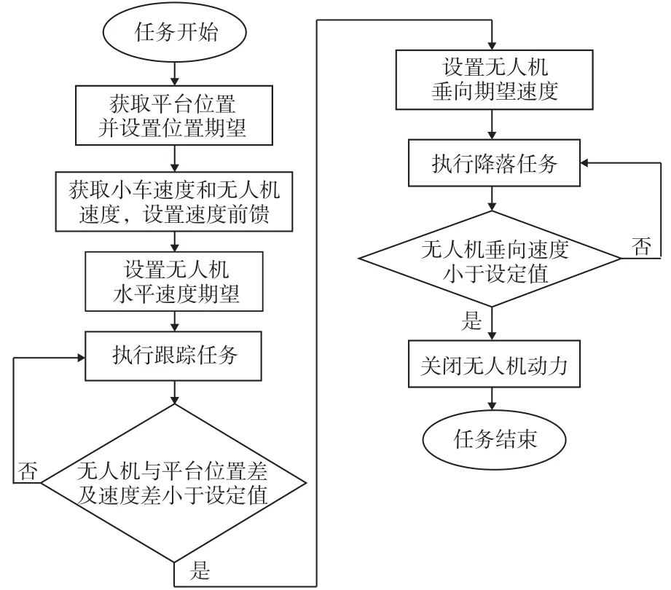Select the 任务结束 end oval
pyautogui.click(x=495, y=439)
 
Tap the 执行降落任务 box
pyautogui.click(x=495, y=164)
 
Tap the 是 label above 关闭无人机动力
pyautogui.click(x=473, y=320)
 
